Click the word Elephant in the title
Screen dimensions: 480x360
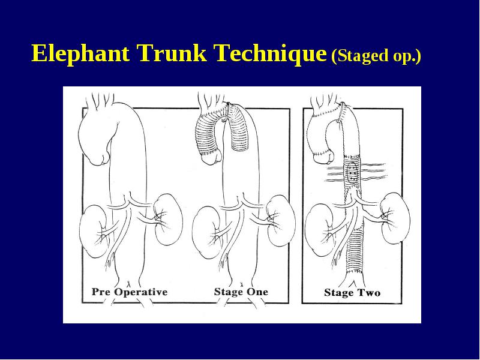pyautogui.click(x=80, y=53)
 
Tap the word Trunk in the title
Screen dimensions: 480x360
pyautogui.click(x=172, y=53)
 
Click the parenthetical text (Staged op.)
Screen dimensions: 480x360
pyautogui.click(x=376, y=56)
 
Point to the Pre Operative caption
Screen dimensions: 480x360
pyautogui.click(x=130, y=292)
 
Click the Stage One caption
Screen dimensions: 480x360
pyautogui.click(x=241, y=292)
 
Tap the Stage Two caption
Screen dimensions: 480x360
pyautogui.click(x=352, y=293)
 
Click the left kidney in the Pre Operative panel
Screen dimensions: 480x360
pyautogui.click(x=94, y=231)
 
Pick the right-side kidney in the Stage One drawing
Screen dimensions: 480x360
pyautogui.click(x=281, y=219)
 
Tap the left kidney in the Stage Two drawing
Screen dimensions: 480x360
pyautogui.click(x=320, y=230)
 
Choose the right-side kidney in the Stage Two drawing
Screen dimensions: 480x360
pyautogui.click(x=395, y=218)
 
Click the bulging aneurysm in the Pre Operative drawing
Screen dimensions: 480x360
pyautogui.click(x=97, y=134)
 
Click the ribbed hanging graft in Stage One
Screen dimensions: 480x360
pyautogui.click(x=240, y=128)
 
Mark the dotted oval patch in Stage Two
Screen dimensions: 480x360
pyautogui.click(x=352, y=172)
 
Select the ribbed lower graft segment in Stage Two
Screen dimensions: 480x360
pyautogui.click(x=355, y=251)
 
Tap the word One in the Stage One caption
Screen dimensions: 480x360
pyautogui.click(x=257, y=292)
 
